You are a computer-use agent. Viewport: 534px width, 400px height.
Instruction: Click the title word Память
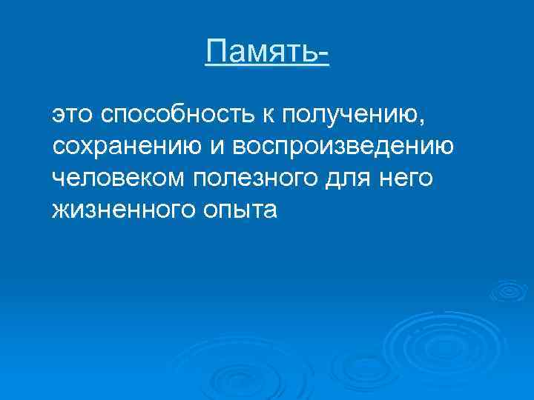click(x=262, y=52)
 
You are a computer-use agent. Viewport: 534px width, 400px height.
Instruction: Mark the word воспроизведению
click(x=343, y=148)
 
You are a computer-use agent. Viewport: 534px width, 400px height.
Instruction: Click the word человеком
click(x=119, y=179)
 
